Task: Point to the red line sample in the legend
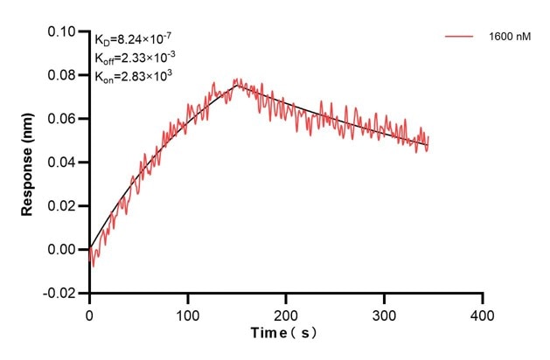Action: tap(461, 37)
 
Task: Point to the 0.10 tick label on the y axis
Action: tap(61, 31)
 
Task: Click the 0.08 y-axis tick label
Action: tap(61, 75)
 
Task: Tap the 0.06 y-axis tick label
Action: tap(61, 119)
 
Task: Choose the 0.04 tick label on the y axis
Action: tap(61, 163)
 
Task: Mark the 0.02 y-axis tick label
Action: tap(61, 206)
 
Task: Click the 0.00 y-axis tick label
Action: tap(61, 250)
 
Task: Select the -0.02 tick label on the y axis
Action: tap(59, 294)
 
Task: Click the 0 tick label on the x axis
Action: tap(89, 313)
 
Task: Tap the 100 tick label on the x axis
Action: tap(187, 313)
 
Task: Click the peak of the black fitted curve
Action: tap(236, 84)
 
